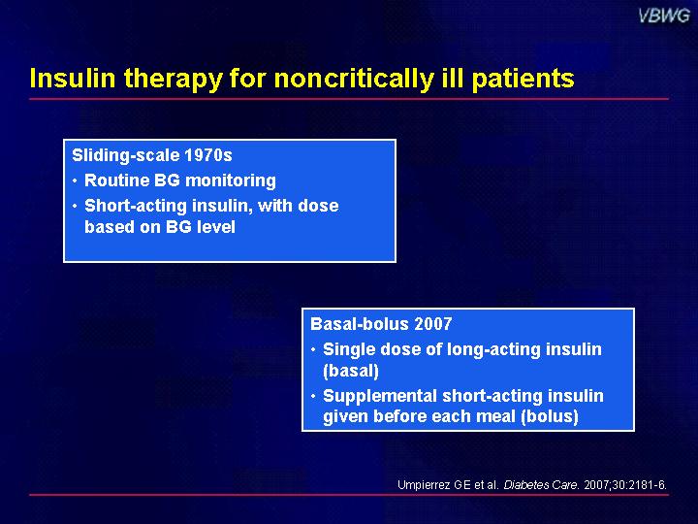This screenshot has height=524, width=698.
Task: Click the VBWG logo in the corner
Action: coord(664,16)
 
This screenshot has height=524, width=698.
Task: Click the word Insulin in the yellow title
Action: coord(73,78)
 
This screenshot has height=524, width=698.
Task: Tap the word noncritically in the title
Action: coord(354,80)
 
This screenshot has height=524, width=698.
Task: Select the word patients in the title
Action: coord(523,80)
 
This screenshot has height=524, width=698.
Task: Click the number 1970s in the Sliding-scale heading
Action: coord(207,155)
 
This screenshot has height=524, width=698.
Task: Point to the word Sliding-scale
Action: coord(126,156)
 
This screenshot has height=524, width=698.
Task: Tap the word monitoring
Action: coord(230,181)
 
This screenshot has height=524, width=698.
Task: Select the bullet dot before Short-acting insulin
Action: coord(75,206)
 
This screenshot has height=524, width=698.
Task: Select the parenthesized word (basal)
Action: coord(351,371)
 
